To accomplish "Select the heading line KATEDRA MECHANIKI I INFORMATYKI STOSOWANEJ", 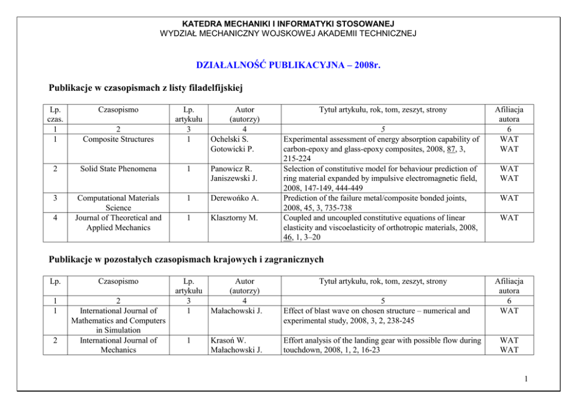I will click(x=288, y=24).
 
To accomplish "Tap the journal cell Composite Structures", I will click(x=118, y=139).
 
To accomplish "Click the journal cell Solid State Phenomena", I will click(x=118, y=169).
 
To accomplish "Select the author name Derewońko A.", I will click(x=234, y=198).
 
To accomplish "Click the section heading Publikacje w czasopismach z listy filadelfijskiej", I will click(x=145, y=88).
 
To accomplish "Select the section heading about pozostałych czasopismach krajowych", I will click(x=186, y=259).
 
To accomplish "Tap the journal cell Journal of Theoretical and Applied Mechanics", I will click(x=118, y=223).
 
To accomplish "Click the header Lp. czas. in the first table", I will click(x=55, y=114).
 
